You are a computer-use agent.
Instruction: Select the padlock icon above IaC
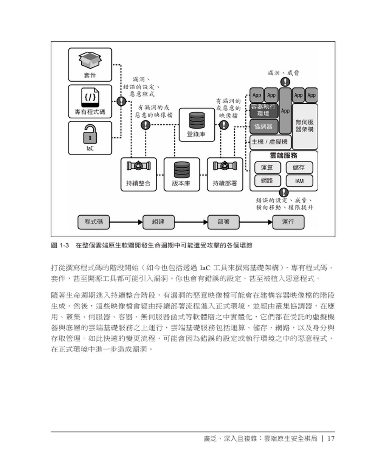[90, 133]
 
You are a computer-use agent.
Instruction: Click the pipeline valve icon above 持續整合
[138, 167]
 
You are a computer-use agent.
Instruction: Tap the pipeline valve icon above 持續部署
[225, 167]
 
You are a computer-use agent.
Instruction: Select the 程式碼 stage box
[94, 222]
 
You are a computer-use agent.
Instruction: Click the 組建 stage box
[158, 222]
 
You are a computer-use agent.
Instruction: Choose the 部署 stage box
[223, 222]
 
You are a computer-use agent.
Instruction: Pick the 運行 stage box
[288, 222]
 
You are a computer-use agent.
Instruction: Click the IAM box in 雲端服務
[299, 181]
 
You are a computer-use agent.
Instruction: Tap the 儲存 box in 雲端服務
[299, 168]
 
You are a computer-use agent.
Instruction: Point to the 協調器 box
[263, 126]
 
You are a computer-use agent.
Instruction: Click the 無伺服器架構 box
[305, 126]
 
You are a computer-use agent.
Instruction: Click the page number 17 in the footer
[331, 439]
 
